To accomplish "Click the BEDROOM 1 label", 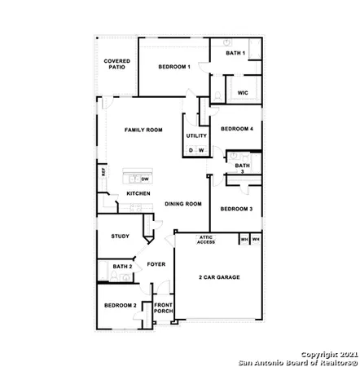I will pos(174,67).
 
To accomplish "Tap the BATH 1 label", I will pos(235,53).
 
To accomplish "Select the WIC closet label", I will pos(243,93).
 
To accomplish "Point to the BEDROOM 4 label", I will pos(237,129).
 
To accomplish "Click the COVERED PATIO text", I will pos(115,64).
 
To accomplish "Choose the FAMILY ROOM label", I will pos(143,130).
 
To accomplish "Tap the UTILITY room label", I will pos(196,135).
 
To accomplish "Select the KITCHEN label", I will pos(138,193).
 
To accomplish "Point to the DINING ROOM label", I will pos(182,204).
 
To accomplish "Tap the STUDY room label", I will pos(121,237).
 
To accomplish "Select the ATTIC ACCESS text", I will pos(207,240).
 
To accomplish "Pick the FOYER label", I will pos(156,265).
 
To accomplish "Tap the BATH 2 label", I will pos(122,267).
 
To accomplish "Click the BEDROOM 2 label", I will pos(120,305).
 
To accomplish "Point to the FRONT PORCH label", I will pos(165,311).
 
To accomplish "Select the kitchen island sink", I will pos(134,178).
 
